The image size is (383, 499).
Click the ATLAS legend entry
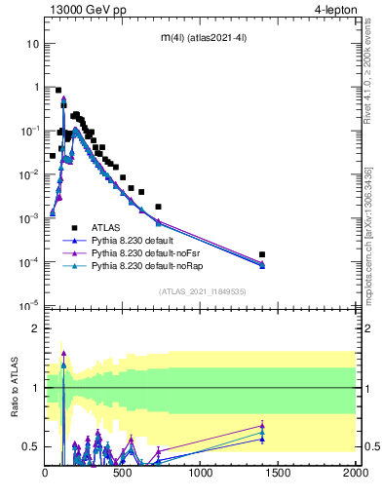tap(105, 225)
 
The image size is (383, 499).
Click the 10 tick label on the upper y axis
tap(32, 44)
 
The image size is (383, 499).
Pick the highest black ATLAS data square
tap(58, 90)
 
